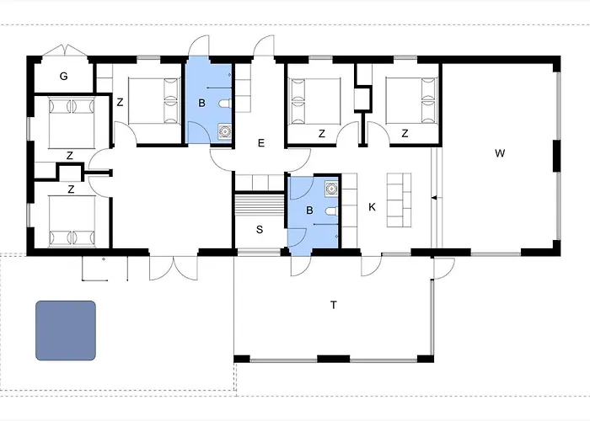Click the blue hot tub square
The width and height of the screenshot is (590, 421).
tap(66, 330)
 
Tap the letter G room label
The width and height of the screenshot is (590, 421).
tap(63, 77)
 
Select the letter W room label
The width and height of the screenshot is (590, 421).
tap(500, 153)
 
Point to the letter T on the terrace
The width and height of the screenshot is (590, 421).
tap(334, 305)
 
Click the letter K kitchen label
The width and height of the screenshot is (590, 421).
tap(373, 207)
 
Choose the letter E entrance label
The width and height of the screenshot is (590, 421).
tap(261, 143)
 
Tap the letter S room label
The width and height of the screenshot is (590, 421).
tap(260, 229)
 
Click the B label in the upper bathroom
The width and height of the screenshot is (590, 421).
tap(201, 103)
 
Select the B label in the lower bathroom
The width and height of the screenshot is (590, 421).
tap(309, 210)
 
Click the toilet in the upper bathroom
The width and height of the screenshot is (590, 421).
tap(225, 104)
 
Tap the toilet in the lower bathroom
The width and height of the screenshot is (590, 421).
tap(332, 211)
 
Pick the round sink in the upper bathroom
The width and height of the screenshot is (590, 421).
tap(225, 131)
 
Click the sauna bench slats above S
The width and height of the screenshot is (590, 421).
tap(260, 205)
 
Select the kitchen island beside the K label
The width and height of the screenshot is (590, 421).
tap(399, 200)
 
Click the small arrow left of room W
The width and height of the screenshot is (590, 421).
tap(434, 198)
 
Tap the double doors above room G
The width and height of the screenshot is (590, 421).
tap(65, 51)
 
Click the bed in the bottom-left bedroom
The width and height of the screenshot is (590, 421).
tap(72, 221)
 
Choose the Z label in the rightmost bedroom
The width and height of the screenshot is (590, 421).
tap(405, 133)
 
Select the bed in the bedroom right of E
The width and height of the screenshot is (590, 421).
tap(315, 101)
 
